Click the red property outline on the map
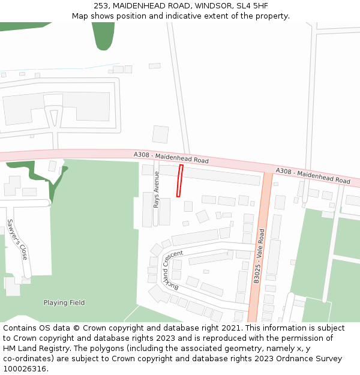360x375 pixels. click(179, 181)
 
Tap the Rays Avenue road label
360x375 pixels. click(157, 190)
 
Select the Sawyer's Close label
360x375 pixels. click(17, 239)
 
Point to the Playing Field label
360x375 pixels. click(64, 302)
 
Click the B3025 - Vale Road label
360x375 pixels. click(259, 255)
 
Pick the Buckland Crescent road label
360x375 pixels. click(171, 268)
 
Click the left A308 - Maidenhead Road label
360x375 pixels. click(171, 158)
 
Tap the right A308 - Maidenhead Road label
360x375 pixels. click(313, 176)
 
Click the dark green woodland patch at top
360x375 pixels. click(103, 35)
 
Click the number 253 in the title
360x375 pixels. click(101, 6)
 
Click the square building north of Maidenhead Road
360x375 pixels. click(160, 134)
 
